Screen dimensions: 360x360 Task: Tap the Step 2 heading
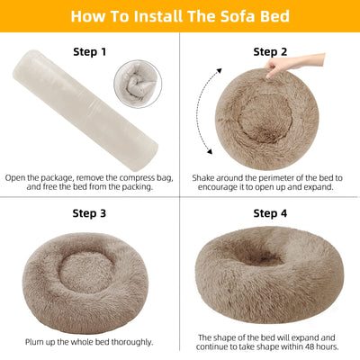click(x=270, y=53)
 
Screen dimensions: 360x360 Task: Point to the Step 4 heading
click(x=270, y=213)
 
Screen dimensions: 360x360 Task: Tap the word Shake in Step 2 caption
click(x=204, y=177)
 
